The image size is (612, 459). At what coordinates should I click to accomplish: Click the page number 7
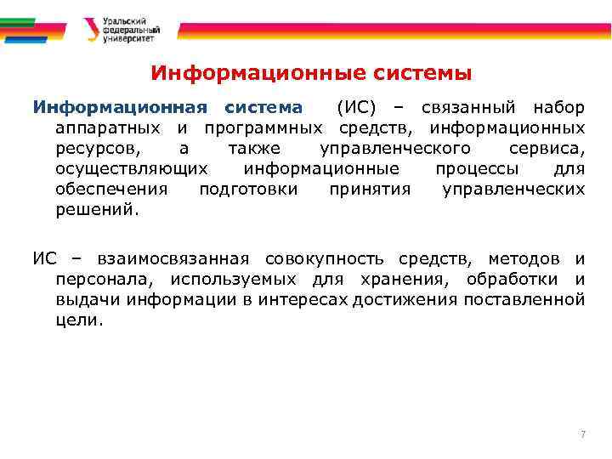[x=583, y=434]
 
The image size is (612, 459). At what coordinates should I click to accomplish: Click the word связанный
[x=470, y=108]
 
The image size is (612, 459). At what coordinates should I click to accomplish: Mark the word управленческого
[x=378, y=148]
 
